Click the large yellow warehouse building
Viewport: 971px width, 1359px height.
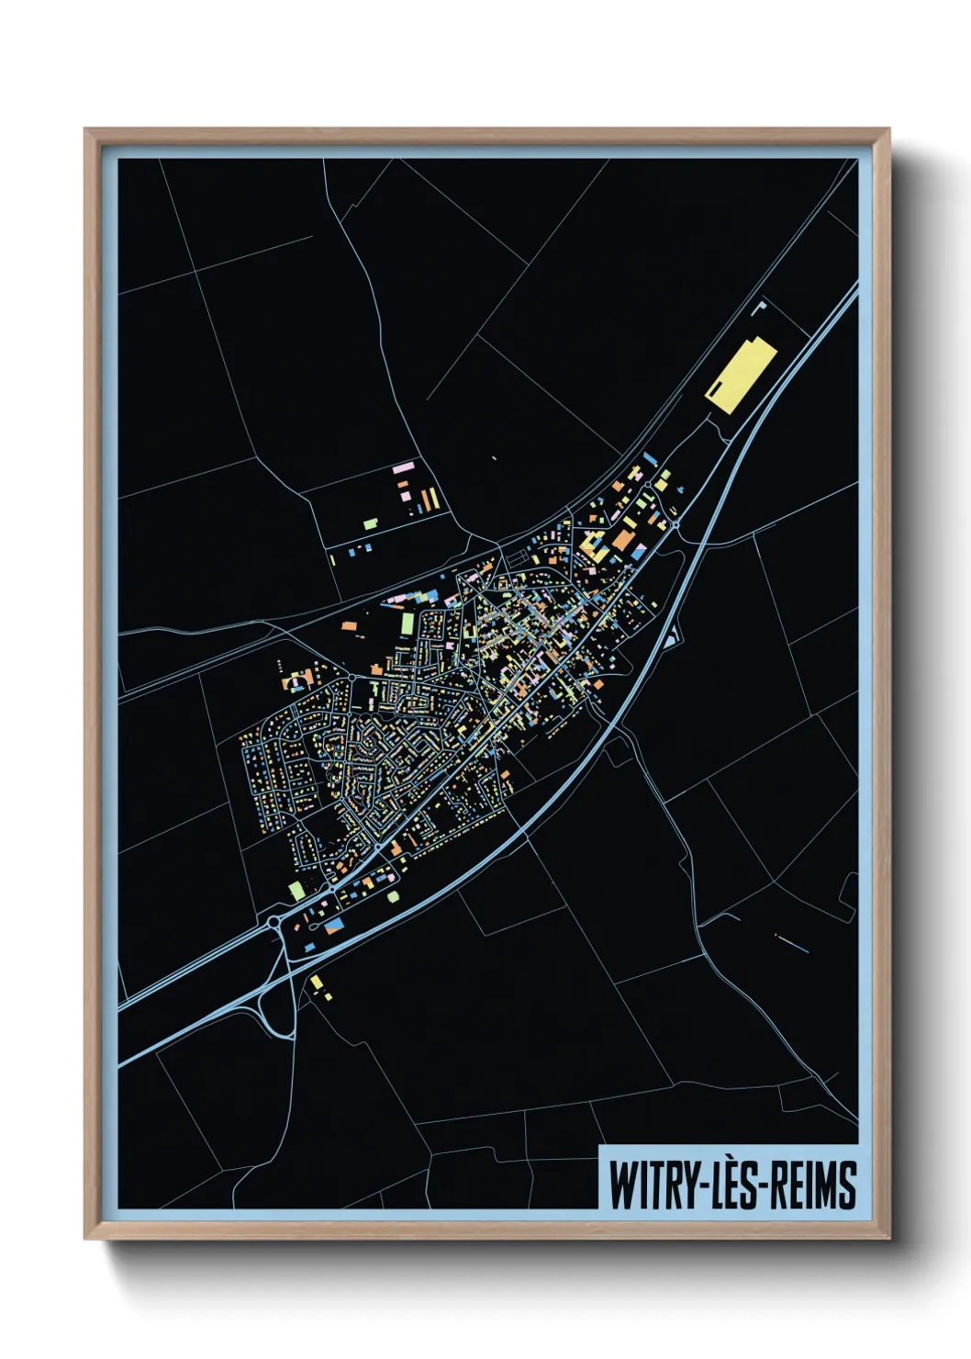[741, 376]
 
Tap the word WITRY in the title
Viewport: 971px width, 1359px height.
[650, 1185]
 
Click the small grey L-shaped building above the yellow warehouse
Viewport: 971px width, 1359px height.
[758, 307]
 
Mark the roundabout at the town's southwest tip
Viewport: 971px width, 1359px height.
[274, 920]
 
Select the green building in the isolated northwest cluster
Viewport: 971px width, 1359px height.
[370, 523]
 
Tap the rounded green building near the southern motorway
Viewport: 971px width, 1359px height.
[394, 896]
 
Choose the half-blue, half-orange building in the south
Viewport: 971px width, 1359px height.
[333, 926]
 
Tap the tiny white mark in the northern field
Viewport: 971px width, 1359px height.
[494, 457]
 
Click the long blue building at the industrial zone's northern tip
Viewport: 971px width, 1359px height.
[651, 458]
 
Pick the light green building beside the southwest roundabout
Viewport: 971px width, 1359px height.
[296, 890]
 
